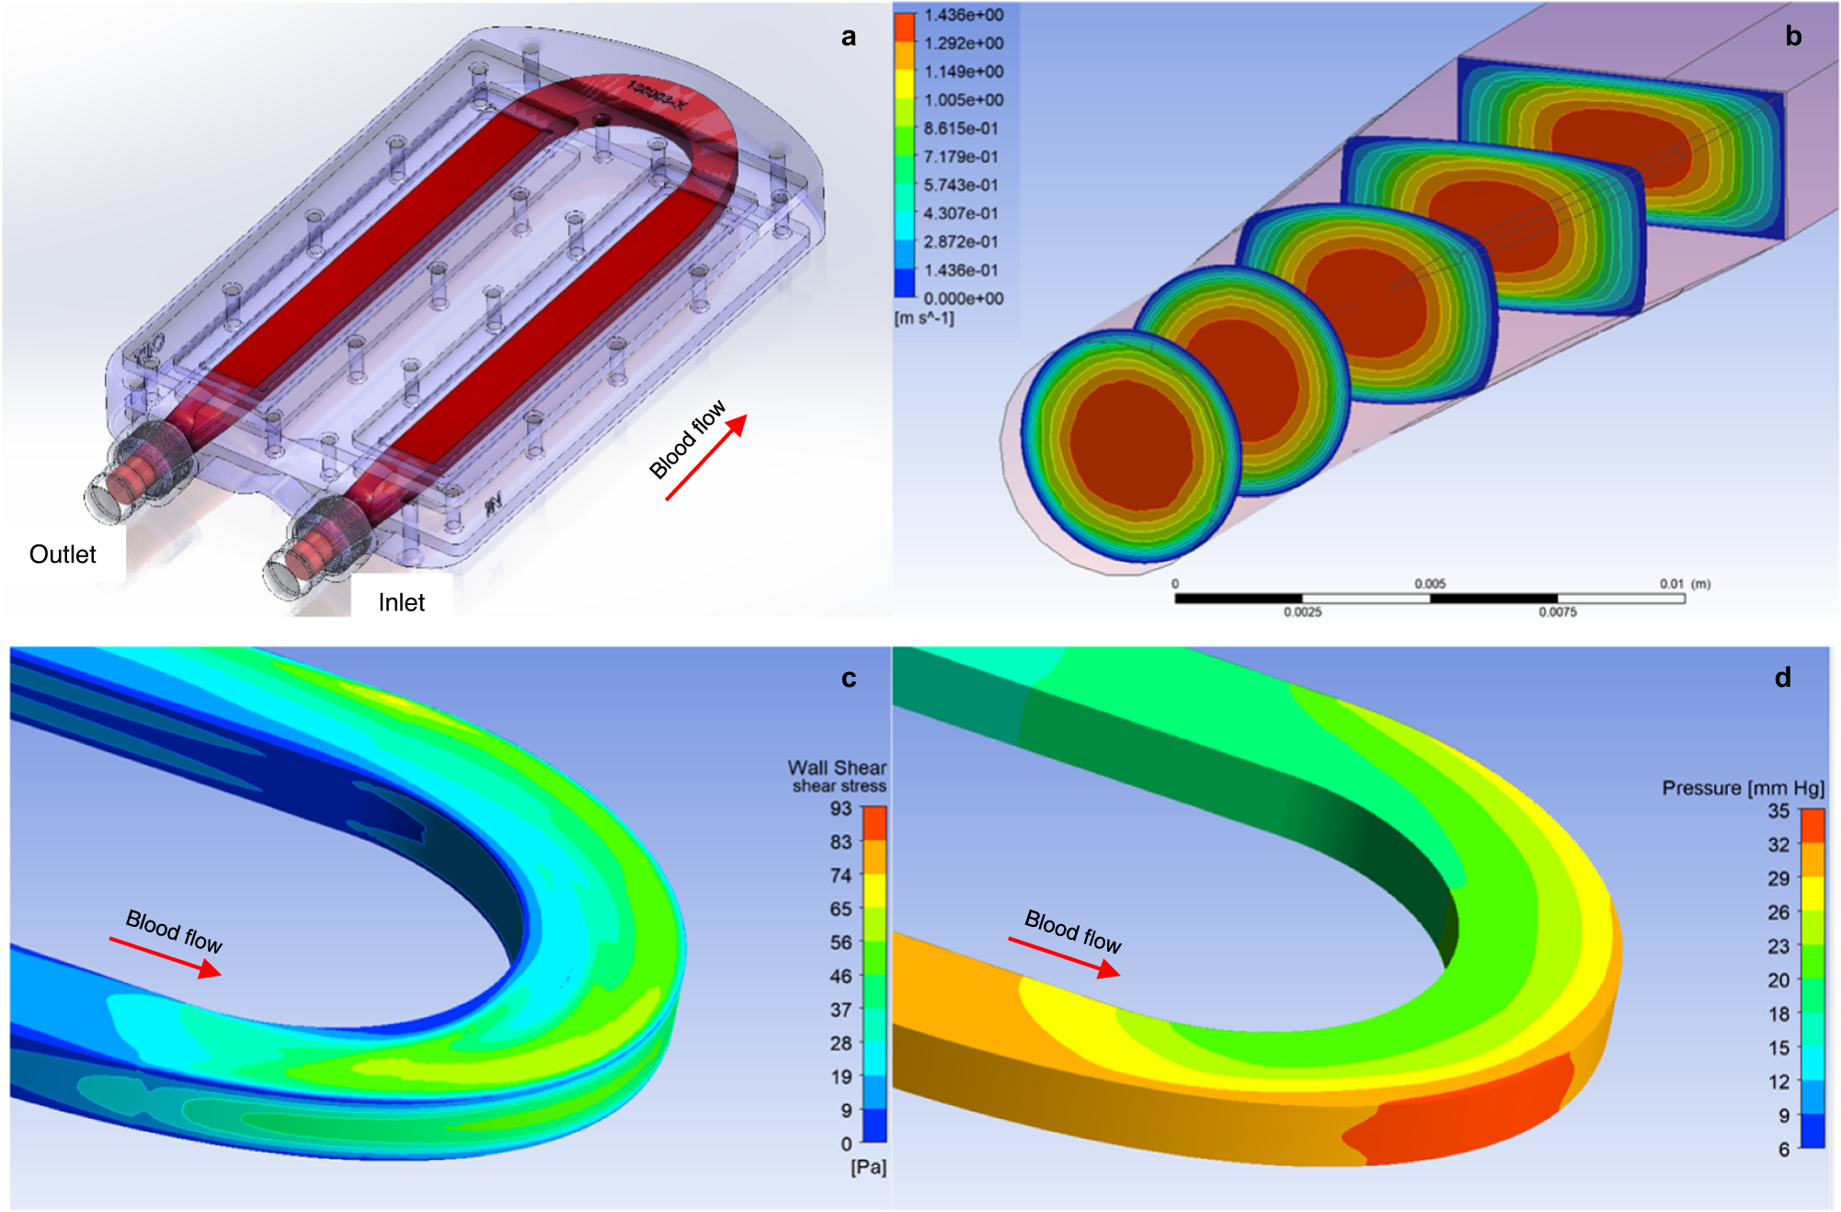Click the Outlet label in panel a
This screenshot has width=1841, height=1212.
(x=63, y=555)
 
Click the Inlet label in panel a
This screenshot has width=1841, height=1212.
(x=402, y=602)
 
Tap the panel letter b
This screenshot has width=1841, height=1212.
(x=1793, y=36)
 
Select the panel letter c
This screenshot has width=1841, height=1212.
(x=849, y=679)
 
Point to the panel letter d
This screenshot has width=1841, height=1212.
(x=1783, y=678)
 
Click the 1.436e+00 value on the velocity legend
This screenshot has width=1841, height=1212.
(x=964, y=15)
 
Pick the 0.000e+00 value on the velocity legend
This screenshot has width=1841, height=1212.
(x=964, y=299)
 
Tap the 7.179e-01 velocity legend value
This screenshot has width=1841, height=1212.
(x=961, y=157)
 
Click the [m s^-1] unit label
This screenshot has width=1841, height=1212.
(x=925, y=318)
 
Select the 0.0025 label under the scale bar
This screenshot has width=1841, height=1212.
(x=1303, y=612)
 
